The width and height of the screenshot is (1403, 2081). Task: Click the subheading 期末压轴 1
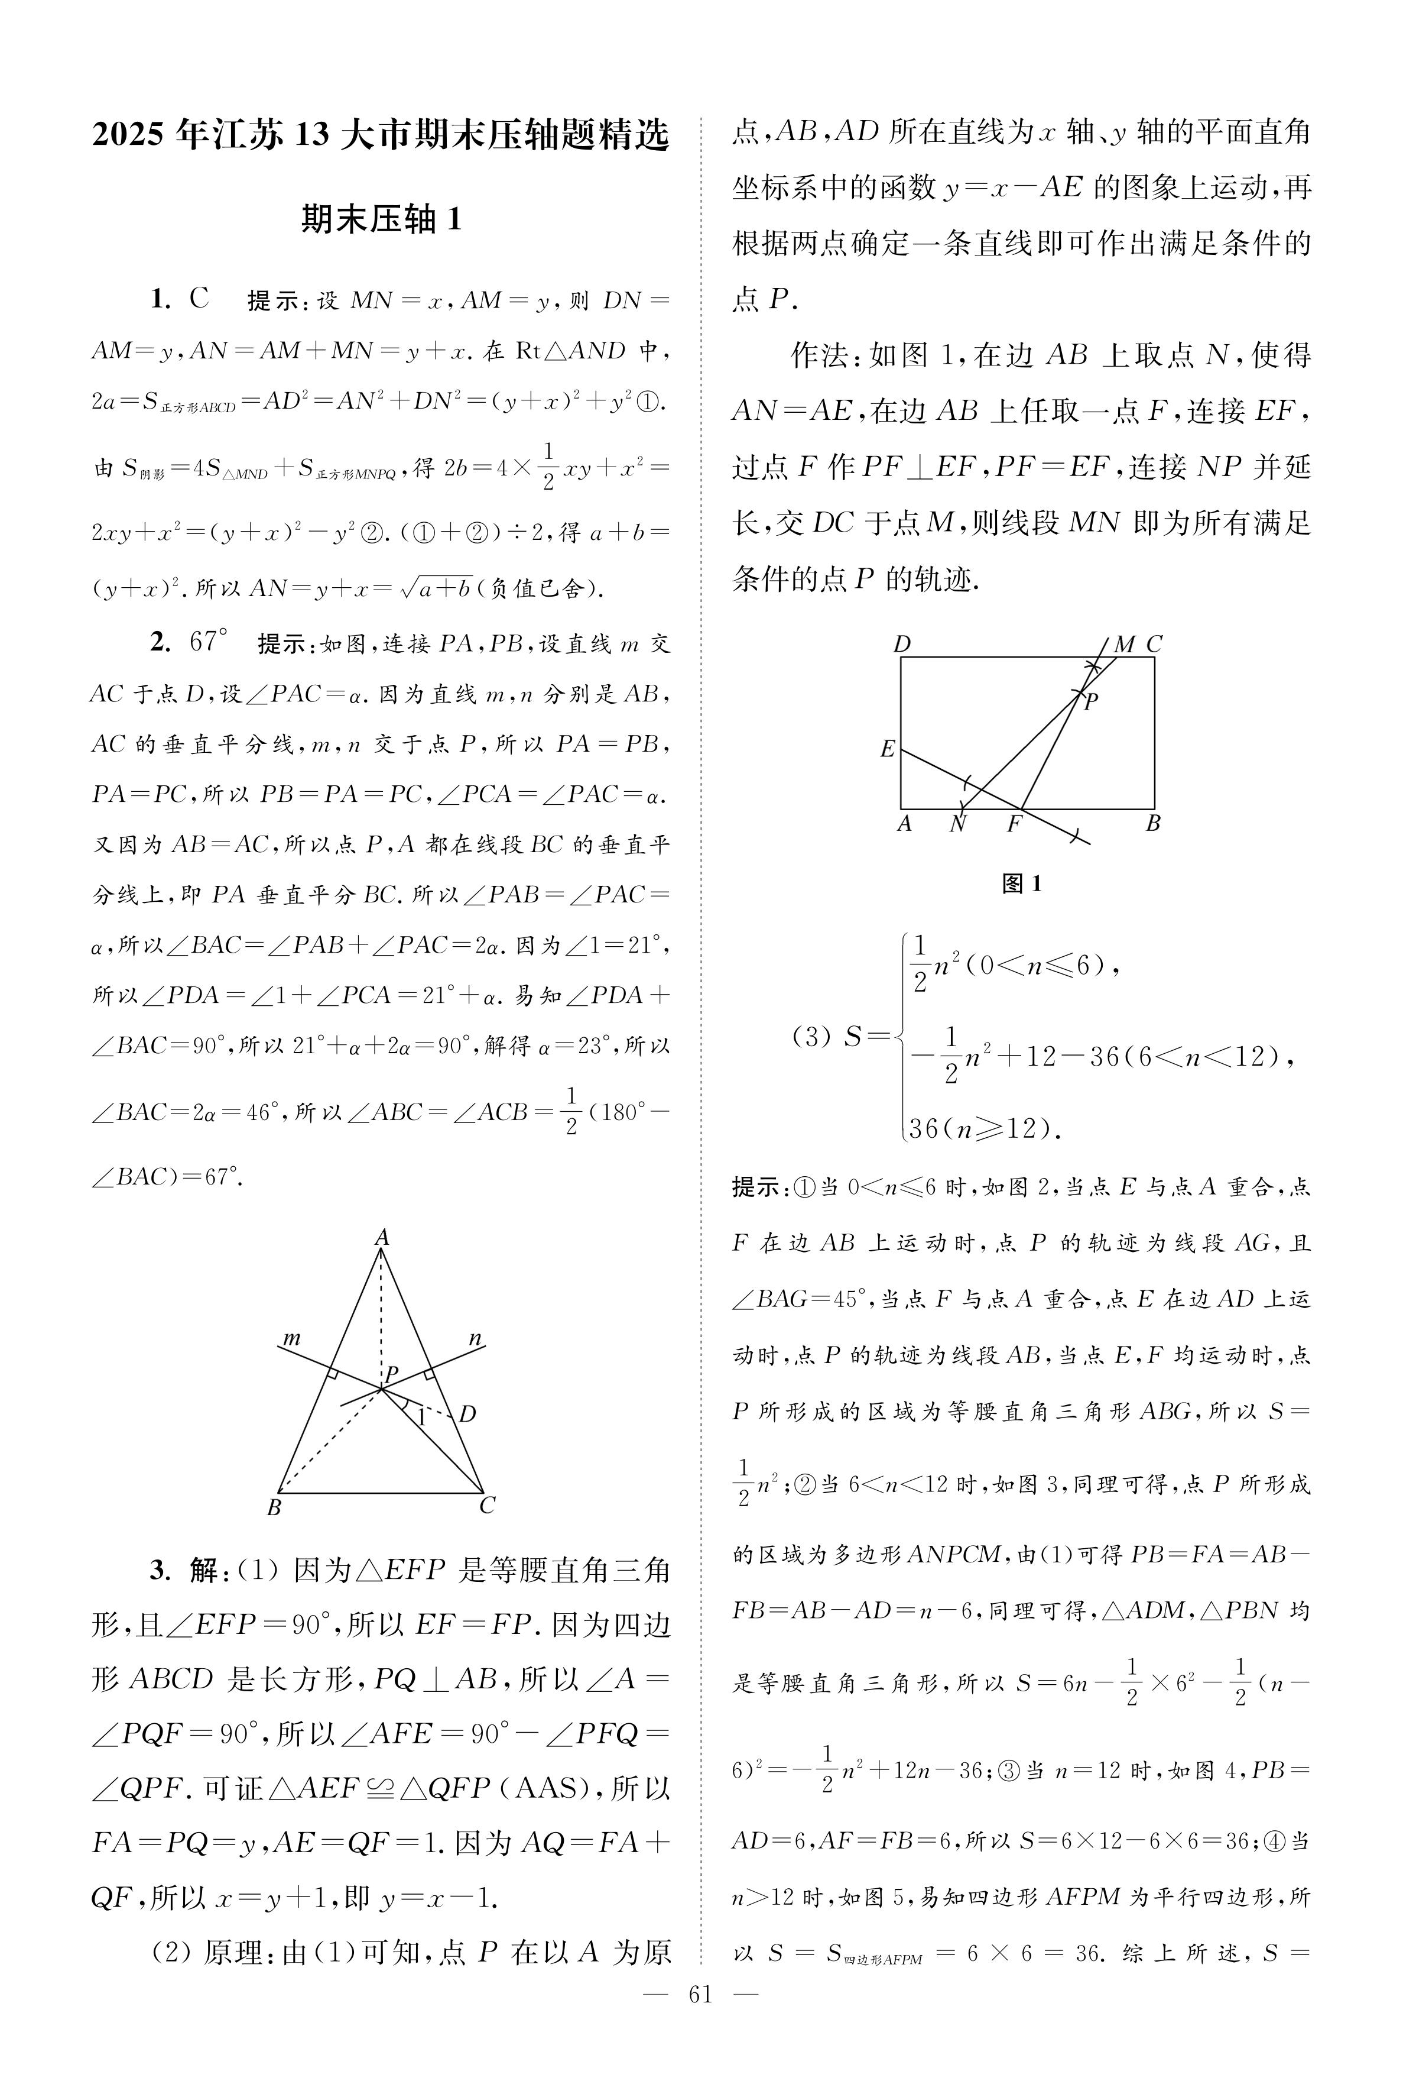(x=382, y=219)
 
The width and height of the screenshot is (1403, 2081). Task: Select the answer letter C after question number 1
(x=199, y=298)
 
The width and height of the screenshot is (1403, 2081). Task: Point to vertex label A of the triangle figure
(x=382, y=1237)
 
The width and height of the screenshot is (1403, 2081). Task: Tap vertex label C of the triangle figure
(x=487, y=1506)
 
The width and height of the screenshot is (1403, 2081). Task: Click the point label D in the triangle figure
(x=467, y=1414)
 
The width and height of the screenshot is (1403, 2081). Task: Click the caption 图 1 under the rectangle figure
(x=1022, y=884)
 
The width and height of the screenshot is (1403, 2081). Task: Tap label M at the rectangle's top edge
(x=1124, y=645)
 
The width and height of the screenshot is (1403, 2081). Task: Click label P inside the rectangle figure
(x=1091, y=703)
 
